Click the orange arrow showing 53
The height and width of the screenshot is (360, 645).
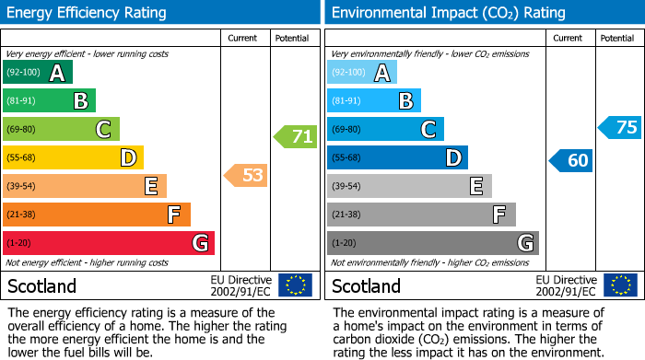coord(246,175)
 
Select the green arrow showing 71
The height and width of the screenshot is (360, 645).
coord(295,137)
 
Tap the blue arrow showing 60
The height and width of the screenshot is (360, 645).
coord(570,161)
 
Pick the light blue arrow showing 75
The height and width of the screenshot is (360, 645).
coord(619,127)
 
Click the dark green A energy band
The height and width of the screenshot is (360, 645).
coord(38,73)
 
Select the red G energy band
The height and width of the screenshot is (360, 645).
coord(109,243)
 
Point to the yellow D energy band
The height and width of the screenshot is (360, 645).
coord(73,157)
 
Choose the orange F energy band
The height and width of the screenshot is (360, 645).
coord(97,215)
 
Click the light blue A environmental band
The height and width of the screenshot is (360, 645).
coord(362,73)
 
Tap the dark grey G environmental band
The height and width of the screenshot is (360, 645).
coord(432,243)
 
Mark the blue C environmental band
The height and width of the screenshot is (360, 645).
coord(385,129)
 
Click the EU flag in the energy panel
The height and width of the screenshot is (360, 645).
coord(295,285)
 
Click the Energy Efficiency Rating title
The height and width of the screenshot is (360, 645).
coord(87,13)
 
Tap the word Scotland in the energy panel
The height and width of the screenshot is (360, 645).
coord(42,285)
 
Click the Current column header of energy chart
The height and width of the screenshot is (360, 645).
coord(242,38)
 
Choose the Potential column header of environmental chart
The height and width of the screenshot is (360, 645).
coord(616,38)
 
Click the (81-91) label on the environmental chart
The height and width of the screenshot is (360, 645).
coord(346,101)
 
